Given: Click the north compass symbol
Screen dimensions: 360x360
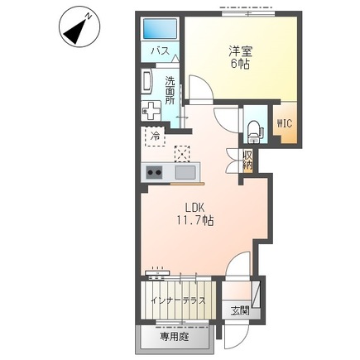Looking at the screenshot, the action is (x=79, y=26).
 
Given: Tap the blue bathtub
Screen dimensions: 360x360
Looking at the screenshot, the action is (x=161, y=29).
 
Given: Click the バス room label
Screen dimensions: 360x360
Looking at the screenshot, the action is (x=160, y=51).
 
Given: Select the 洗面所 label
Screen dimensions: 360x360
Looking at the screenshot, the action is (x=170, y=90).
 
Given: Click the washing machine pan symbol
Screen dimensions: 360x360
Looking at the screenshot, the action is (x=151, y=110).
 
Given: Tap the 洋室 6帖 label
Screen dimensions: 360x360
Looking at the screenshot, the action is (x=240, y=58).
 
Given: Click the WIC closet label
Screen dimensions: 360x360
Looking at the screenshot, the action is (x=285, y=123).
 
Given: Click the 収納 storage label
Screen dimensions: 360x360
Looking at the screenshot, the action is (x=247, y=161).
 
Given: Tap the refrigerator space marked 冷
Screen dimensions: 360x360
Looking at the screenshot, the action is (x=155, y=136).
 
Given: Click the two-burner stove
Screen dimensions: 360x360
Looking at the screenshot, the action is (x=154, y=172).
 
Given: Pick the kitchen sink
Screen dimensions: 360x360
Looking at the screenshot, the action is (x=185, y=173).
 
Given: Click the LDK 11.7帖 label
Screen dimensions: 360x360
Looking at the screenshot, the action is (x=195, y=214).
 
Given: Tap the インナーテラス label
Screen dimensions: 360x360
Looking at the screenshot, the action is (x=178, y=300).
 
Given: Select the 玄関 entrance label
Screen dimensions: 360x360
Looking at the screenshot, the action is (x=240, y=311).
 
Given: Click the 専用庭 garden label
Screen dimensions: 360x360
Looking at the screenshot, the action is (x=175, y=337).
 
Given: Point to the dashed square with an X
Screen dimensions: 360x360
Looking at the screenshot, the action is (x=182, y=153).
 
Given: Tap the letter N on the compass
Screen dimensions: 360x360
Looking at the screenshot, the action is (x=89, y=16).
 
